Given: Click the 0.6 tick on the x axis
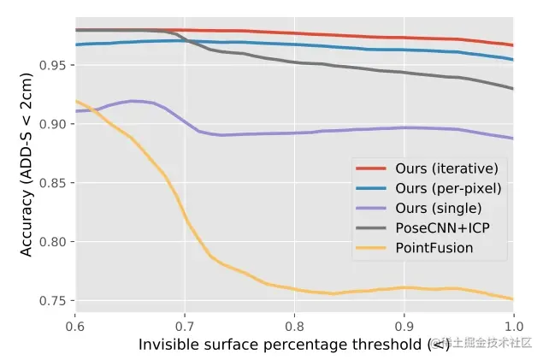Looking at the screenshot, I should tap(75, 326).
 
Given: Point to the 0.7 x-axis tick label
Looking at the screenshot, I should tap(185, 326).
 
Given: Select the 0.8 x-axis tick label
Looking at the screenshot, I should tap(294, 326).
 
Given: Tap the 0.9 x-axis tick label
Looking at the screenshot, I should tap(404, 326).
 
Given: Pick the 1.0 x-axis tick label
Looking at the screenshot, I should tap(513, 326).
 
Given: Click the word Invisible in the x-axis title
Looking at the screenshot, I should tap(168, 345).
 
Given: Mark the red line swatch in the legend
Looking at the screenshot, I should tap(372, 168).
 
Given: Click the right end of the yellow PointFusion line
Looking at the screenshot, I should tap(512, 299).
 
